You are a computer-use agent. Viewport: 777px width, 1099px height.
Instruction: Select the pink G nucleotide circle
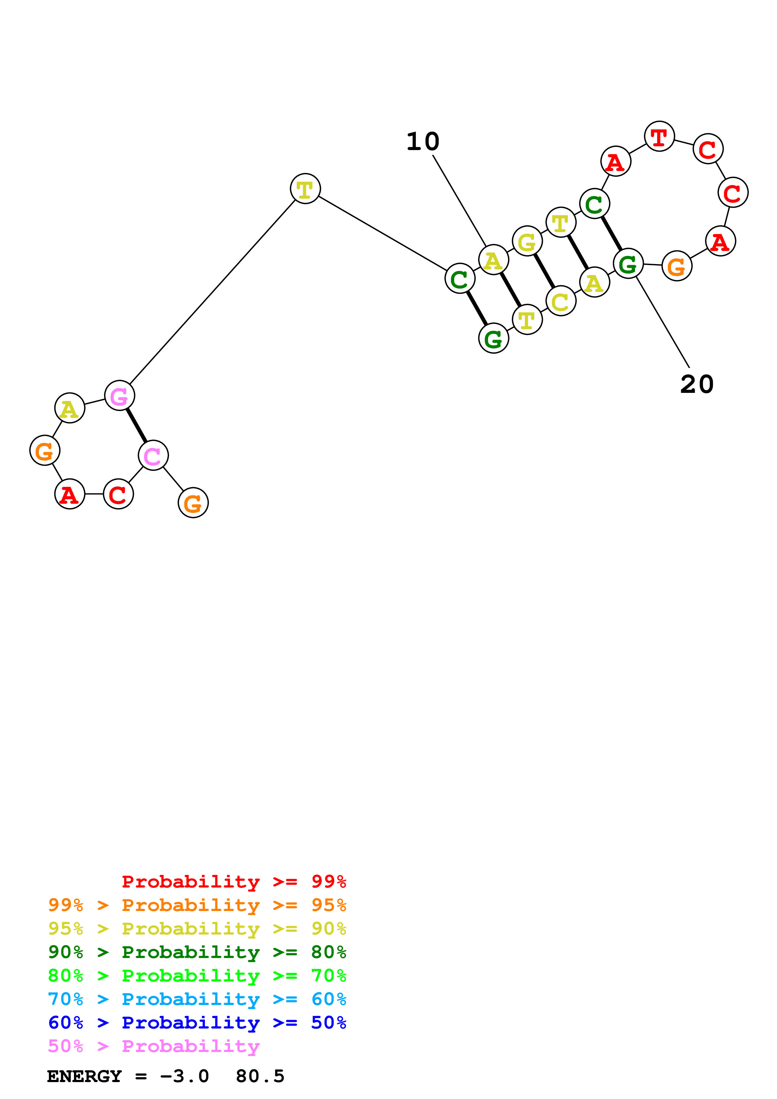coord(119,395)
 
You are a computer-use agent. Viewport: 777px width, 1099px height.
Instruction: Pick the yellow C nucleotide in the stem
coord(561,301)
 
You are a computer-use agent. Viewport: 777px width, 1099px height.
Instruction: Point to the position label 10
coord(423,142)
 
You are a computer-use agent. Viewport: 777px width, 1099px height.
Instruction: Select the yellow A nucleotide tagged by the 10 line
coord(493,260)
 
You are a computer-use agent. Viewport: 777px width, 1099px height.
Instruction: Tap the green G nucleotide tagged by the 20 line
coord(627,263)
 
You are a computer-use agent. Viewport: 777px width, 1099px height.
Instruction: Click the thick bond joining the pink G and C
coord(136,425)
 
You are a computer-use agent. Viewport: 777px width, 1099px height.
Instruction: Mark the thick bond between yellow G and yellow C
coord(544,271)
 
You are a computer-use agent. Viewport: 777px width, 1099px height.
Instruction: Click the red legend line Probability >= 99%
coord(234,882)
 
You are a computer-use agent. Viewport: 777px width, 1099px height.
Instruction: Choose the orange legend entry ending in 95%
coord(197,905)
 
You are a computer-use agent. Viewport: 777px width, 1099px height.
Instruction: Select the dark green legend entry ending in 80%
coord(197,952)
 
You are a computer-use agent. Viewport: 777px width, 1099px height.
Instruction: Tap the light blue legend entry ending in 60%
coord(197,999)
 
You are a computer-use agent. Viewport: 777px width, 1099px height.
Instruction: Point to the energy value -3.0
coord(184,1076)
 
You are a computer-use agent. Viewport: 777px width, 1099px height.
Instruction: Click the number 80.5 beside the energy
coord(260,1076)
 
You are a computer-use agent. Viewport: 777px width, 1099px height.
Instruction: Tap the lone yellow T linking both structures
coord(305,189)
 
